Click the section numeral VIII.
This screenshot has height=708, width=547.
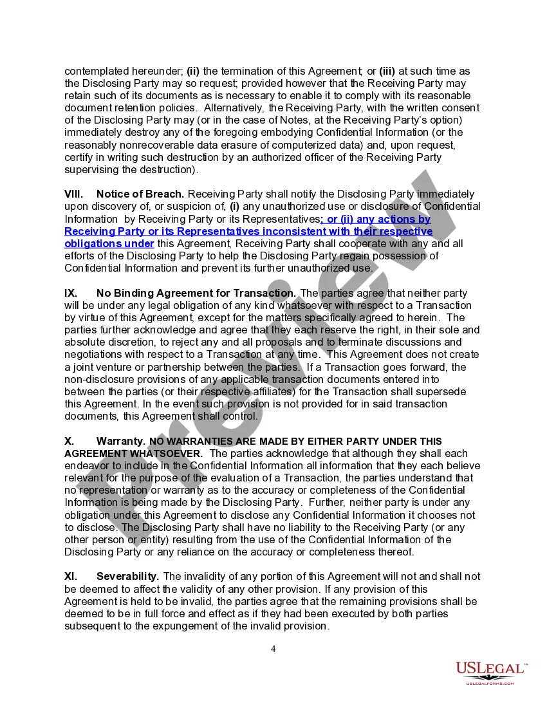(x=73, y=194)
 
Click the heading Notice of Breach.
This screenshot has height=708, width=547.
(x=140, y=194)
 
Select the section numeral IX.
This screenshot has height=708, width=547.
(x=71, y=293)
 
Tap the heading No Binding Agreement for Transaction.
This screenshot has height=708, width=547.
(x=196, y=293)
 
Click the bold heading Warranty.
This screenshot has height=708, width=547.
(x=120, y=442)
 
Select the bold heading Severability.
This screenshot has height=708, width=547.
(x=128, y=577)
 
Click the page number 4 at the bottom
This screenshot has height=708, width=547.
(x=273, y=649)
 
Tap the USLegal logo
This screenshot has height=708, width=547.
(x=492, y=673)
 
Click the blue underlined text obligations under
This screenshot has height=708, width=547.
(x=109, y=244)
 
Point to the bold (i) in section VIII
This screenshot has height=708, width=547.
(x=235, y=207)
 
